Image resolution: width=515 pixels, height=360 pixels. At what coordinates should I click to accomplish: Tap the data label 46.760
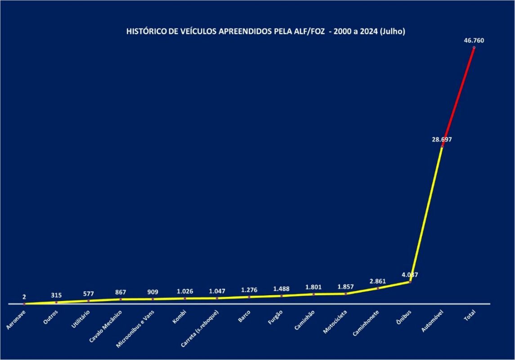[x=474, y=40]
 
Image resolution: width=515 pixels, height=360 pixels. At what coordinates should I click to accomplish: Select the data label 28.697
[x=442, y=139]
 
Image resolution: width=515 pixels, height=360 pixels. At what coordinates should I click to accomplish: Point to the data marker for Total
[x=474, y=47]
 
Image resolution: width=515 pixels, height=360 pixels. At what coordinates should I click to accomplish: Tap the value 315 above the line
[x=57, y=295]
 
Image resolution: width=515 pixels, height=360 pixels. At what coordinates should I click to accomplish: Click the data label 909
[x=153, y=292]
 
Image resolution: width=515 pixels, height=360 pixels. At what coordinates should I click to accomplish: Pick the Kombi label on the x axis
[x=179, y=317]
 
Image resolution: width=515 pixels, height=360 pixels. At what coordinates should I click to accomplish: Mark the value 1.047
[x=217, y=291]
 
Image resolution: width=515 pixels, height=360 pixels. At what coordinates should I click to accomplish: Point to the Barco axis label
[x=245, y=317]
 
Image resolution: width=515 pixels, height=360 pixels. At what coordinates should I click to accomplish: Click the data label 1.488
[x=282, y=289]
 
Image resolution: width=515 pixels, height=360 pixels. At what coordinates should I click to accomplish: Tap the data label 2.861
[x=378, y=281]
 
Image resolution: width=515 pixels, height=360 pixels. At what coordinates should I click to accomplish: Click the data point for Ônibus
[x=410, y=282]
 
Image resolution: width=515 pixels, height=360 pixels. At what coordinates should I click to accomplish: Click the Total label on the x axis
[x=469, y=317]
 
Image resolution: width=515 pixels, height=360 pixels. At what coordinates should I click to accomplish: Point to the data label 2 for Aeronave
[x=24, y=297]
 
